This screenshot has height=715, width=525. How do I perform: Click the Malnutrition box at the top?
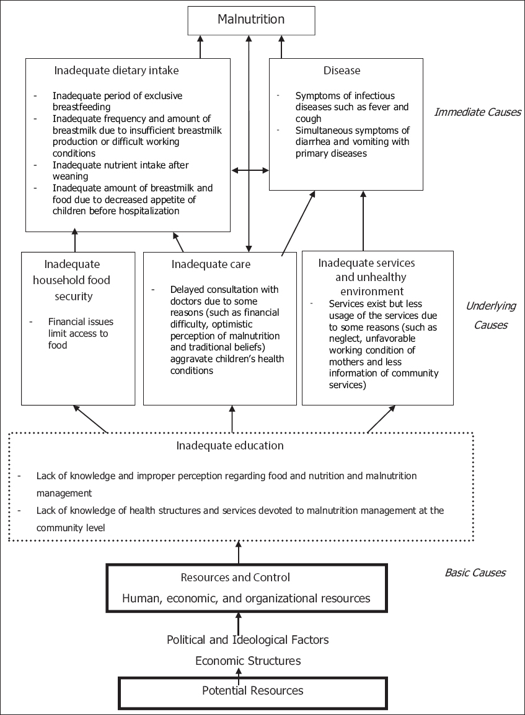point(251,20)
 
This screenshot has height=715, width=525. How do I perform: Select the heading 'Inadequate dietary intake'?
point(117,71)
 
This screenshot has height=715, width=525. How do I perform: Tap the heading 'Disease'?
point(342,71)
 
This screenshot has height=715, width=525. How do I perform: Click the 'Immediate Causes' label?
point(477,112)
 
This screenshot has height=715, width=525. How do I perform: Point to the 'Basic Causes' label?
point(475,573)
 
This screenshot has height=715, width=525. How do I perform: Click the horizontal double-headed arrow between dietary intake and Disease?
point(250,170)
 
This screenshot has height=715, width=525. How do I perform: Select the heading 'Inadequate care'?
point(211,264)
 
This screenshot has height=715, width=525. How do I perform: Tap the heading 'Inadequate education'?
point(229,446)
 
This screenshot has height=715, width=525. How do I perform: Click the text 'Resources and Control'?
point(235,578)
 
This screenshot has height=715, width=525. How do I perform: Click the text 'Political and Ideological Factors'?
point(248,639)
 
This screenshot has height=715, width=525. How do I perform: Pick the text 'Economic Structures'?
point(248,661)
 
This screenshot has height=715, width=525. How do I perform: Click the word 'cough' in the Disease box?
point(308,119)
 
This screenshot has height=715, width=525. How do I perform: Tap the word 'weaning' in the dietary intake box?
point(70,176)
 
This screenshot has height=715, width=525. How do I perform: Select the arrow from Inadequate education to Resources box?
point(238,553)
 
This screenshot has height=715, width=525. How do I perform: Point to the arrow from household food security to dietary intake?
point(75,240)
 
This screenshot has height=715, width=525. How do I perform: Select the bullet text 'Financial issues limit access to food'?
point(81,333)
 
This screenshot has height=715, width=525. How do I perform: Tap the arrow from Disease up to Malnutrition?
point(281,46)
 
